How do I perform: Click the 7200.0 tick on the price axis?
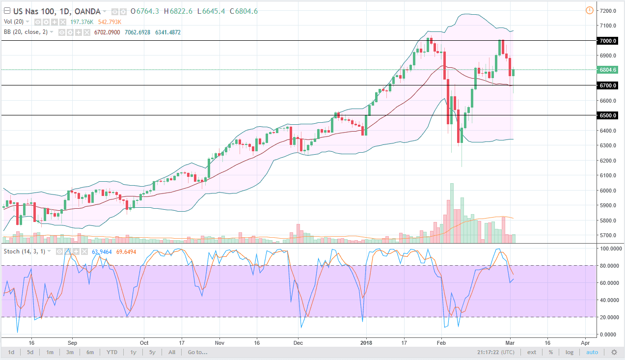pos(608,11)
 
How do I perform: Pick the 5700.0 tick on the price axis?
pos(608,236)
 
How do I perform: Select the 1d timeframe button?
pos(11,352)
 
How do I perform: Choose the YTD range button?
pos(111,352)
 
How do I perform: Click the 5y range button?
pos(152,352)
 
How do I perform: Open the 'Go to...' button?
pos(198,352)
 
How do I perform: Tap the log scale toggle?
pos(569,352)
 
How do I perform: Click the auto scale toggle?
pos(592,352)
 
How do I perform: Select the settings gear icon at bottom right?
pos(614,352)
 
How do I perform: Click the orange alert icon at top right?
pos(589,10)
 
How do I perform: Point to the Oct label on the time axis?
pos(144,343)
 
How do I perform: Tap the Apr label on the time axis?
pos(584,343)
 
